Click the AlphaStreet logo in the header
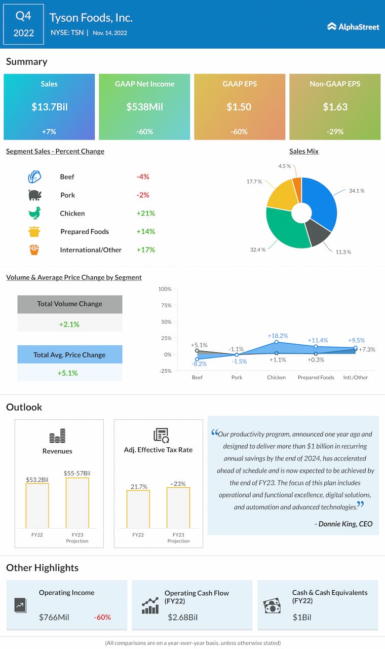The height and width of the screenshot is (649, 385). [x=353, y=26]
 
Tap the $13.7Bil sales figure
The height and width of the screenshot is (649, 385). [x=49, y=107]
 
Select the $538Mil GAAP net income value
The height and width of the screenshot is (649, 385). [x=144, y=107]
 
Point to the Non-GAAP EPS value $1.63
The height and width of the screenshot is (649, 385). [x=335, y=107]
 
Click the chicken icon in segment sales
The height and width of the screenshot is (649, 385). [x=34, y=213]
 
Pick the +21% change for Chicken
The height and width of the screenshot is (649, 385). [x=146, y=213]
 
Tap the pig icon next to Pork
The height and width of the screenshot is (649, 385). [x=34, y=195]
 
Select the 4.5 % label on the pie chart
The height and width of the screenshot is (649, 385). [x=285, y=166]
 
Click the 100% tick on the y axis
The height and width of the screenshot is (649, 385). [x=165, y=289]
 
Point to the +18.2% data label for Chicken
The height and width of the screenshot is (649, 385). [x=278, y=336]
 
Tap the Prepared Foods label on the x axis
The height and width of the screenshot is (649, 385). [x=316, y=377]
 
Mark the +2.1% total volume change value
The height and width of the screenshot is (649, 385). [x=70, y=324]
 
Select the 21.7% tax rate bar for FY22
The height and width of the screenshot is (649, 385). [x=138, y=509]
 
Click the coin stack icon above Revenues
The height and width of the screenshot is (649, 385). [x=57, y=436]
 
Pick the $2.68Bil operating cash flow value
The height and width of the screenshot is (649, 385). [x=183, y=618]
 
